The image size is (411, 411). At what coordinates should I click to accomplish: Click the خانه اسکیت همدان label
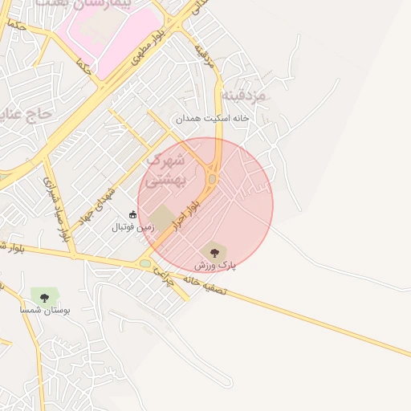[x=214, y=118]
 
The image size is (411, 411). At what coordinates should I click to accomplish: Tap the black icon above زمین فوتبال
[x=133, y=214]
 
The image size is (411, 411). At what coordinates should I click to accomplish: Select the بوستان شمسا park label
[x=45, y=309]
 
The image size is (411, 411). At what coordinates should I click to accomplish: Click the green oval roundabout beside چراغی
[x=144, y=262]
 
